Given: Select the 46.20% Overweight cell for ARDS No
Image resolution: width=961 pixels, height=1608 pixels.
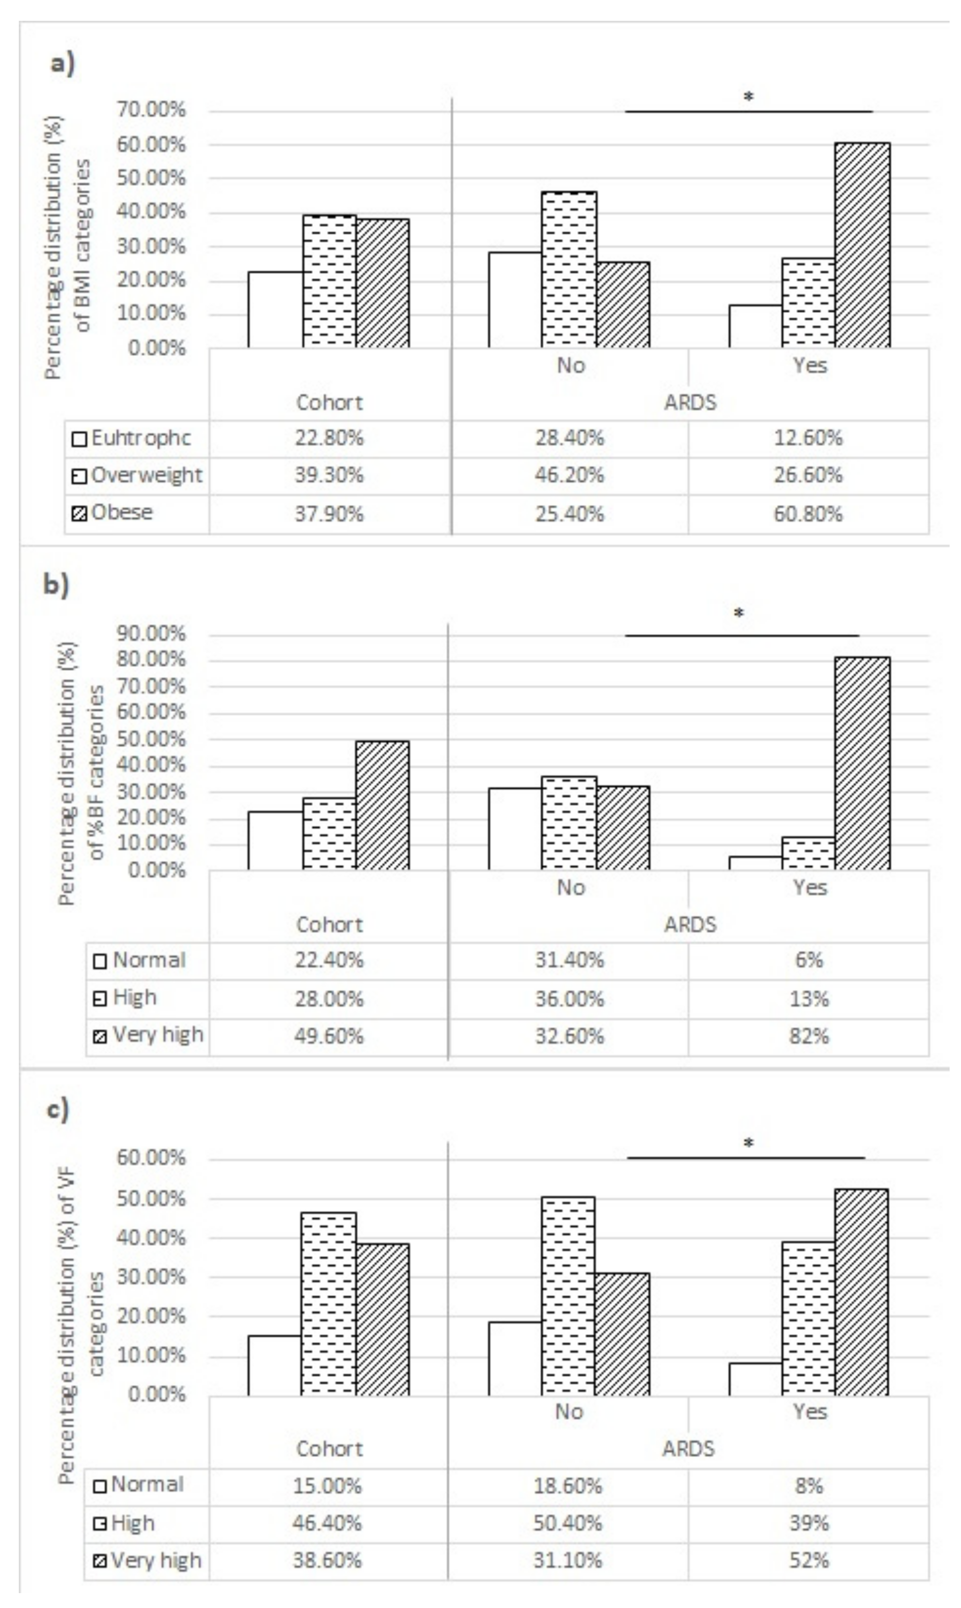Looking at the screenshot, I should tap(569, 476).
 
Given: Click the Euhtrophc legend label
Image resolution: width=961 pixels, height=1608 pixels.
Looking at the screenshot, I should tap(141, 438).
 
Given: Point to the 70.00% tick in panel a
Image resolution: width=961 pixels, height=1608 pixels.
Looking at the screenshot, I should tap(152, 110).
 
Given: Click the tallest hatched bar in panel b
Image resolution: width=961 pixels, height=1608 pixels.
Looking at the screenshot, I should tap(862, 764).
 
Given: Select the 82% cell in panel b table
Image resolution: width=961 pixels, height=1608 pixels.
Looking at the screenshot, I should tap(809, 1036).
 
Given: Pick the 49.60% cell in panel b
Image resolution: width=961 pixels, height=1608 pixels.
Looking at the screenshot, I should tap(329, 1036).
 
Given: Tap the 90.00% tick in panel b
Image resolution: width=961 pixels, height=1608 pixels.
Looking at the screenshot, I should tap(152, 634).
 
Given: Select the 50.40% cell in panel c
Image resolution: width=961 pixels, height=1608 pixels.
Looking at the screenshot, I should tap(568, 1524).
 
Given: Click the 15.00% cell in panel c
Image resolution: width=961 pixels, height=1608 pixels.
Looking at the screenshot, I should tap(328, 1486).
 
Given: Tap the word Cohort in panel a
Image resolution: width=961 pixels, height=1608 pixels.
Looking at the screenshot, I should tap(329, 402).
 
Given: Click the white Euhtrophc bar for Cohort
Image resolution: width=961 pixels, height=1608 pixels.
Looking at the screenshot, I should tap(275, 309).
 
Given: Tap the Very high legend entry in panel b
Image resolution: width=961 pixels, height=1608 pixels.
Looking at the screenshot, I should tap(157, 1035).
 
